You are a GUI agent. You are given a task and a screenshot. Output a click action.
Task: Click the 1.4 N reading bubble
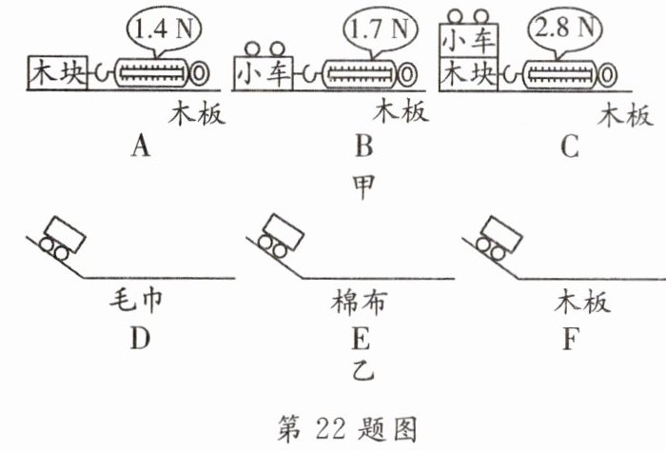(x=160, y=29)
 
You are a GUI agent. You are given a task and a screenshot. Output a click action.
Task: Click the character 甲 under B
(x=362, y=181)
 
